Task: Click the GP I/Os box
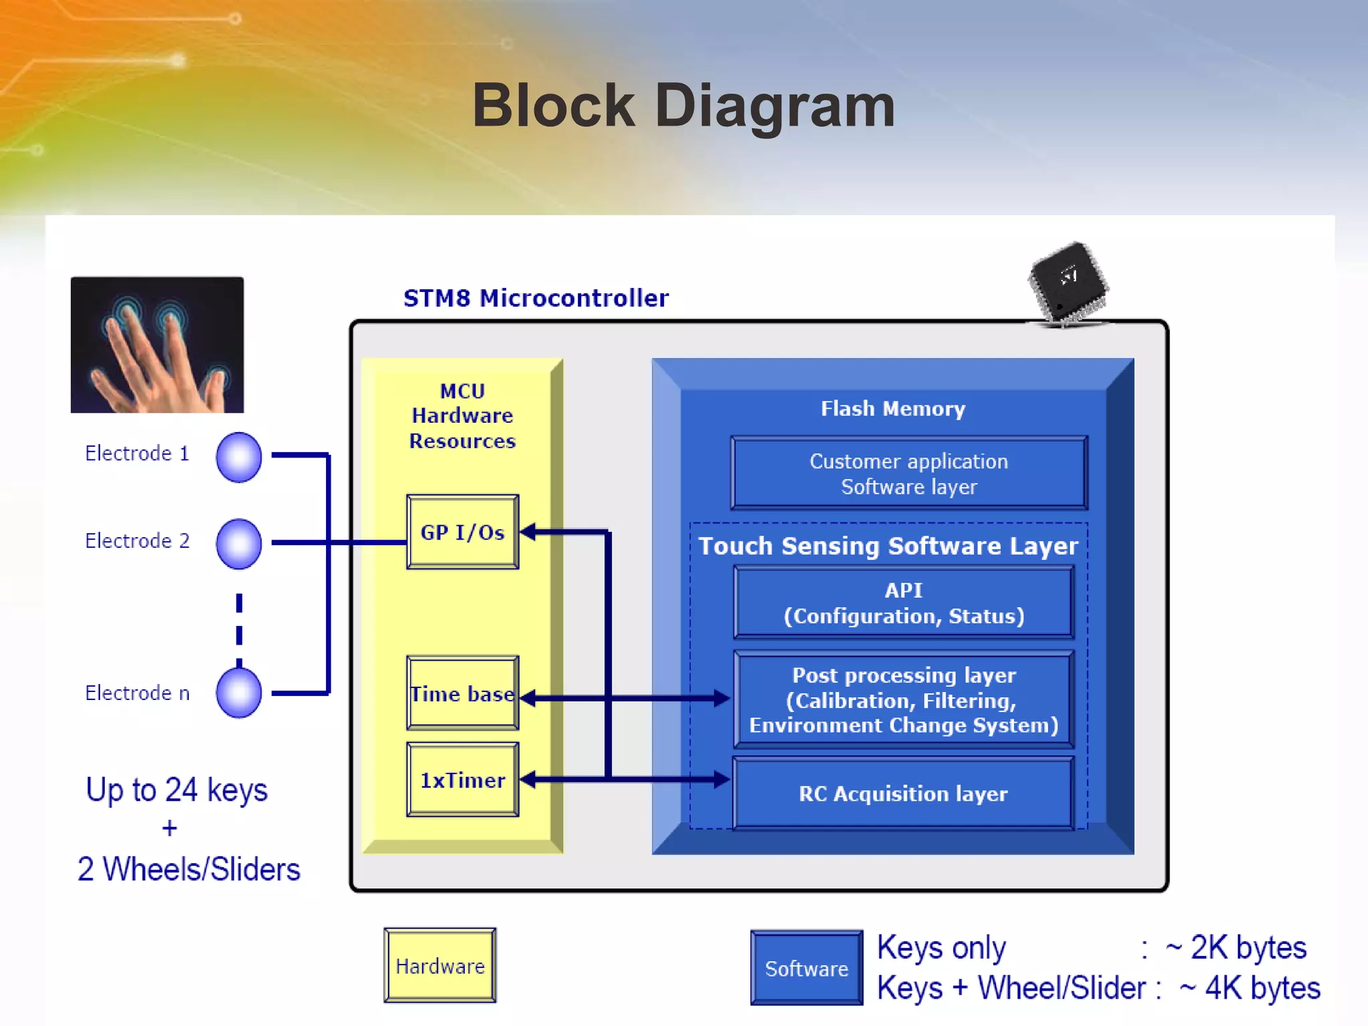462,532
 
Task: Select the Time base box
462,693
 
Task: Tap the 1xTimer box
462,780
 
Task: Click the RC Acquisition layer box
903,794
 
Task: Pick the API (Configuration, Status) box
903,603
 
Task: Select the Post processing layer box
903,699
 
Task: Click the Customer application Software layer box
908,474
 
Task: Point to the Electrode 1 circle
238,457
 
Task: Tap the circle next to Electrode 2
238,544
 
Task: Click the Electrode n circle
238,693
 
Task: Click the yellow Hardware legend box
440,965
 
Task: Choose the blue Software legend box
806,968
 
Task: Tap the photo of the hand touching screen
157,345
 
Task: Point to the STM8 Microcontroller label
536,298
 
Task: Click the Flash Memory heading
892,408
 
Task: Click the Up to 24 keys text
176,790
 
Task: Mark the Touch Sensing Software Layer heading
888,546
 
